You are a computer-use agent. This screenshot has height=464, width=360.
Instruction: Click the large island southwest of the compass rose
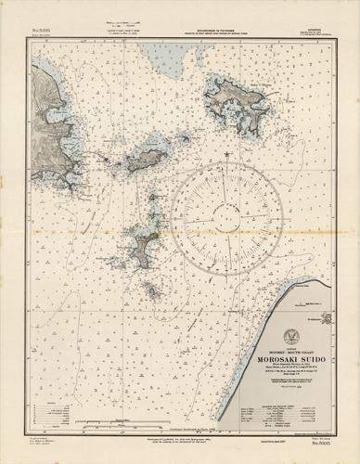pyautogui.click(x=146, y=245)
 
